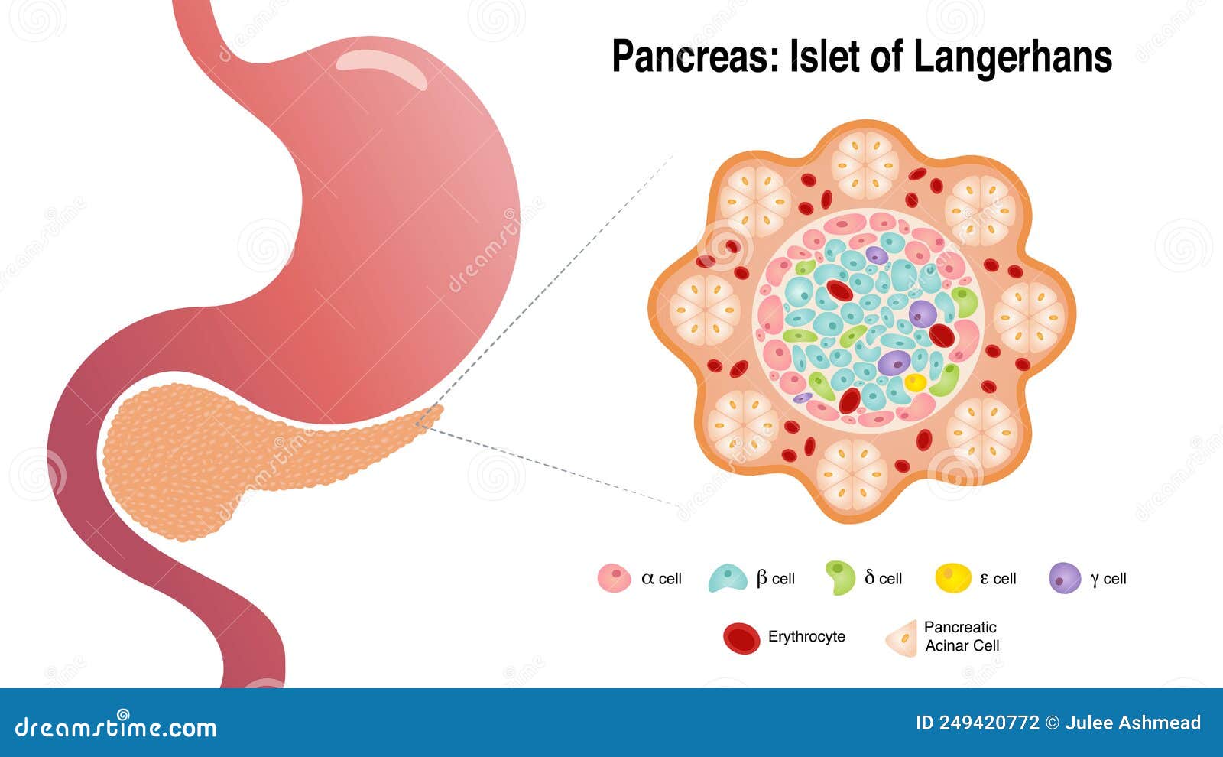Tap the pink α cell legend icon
[x=614, y=578]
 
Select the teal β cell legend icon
[x=727, y=578]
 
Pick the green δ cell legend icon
[x=840, y=578]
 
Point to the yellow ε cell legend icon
[x=953, y=577]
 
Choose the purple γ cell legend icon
[x=1065, y=578]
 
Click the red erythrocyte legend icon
[x=741, y=638]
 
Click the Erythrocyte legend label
[x=806, y=636]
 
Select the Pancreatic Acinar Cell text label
[x=961, y=636]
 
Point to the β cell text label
[x=775, y=578]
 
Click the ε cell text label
[x=998, y=578]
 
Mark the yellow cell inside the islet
[x=915, y=382]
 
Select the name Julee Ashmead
[x=1133, y=723]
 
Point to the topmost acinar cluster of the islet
[x=865, y=165]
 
